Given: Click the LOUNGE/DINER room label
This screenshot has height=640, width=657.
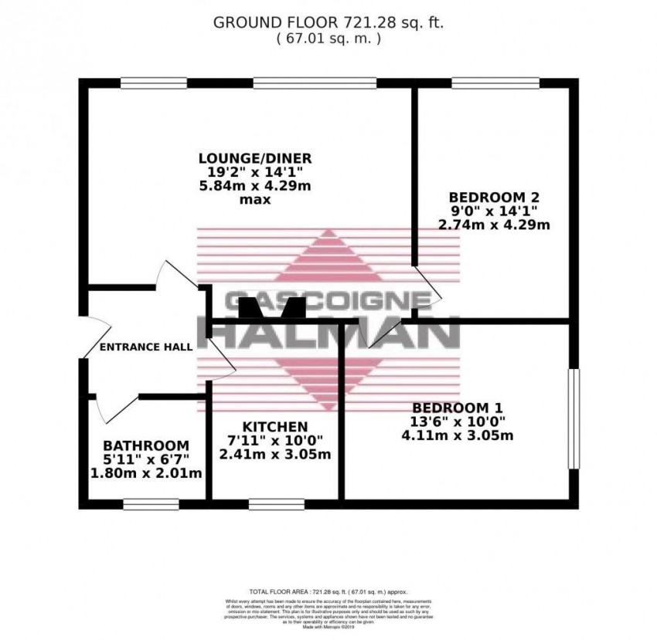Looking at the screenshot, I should point(254,158).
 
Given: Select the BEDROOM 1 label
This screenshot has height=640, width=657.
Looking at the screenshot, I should point(451,408).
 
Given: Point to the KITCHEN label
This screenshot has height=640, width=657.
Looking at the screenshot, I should point(275,426).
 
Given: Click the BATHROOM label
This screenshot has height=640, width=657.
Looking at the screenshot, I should point(146,445).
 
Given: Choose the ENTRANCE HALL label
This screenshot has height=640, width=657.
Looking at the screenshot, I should point(146,347).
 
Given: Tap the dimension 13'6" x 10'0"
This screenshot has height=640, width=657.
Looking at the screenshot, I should point(451,422).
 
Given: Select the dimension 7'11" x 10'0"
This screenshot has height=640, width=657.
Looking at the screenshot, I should point(275,440).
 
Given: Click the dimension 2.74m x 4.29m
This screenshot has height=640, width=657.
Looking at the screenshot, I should point(482,225).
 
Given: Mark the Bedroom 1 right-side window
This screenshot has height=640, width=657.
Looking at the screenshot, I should point(573,418).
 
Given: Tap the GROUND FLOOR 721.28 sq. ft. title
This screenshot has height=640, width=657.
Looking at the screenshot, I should point(328,22).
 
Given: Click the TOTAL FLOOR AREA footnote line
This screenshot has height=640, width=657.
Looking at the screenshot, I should point(328,588).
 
